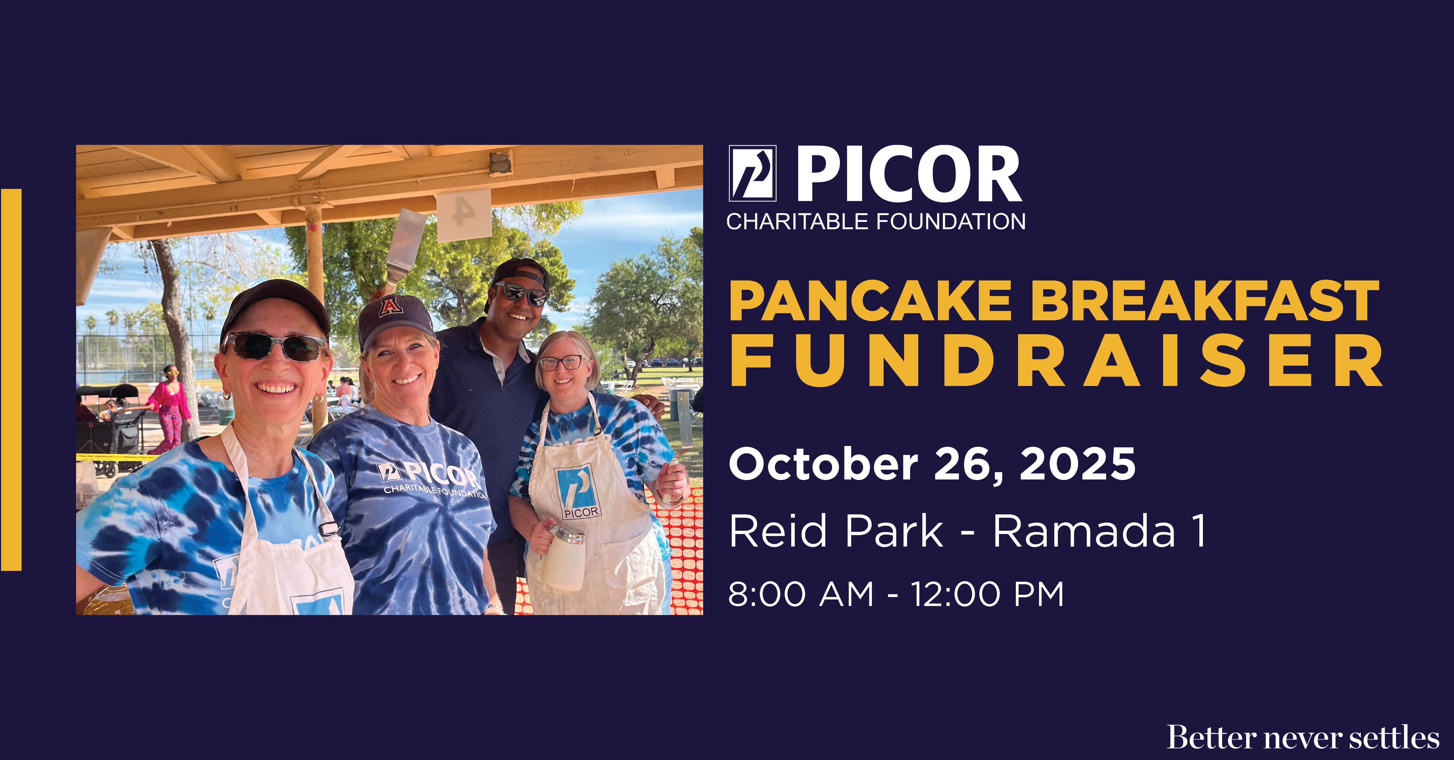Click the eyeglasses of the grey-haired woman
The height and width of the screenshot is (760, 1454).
561,363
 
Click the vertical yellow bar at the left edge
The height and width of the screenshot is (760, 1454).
11,380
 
